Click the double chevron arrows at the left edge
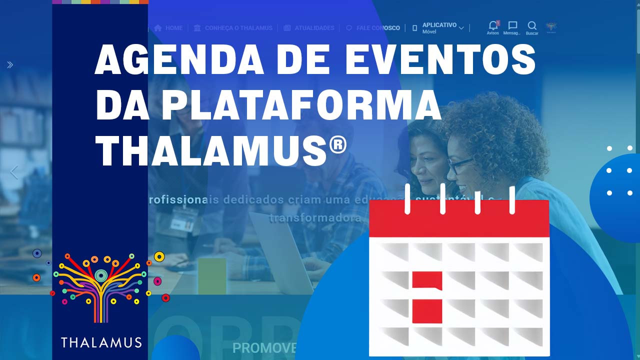(x=10, y=64)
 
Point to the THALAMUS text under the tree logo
(x=101, y=342)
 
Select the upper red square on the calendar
(x=427, y=280)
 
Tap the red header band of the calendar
(x=459, y=219)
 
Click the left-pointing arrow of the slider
(x=14, y=172)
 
